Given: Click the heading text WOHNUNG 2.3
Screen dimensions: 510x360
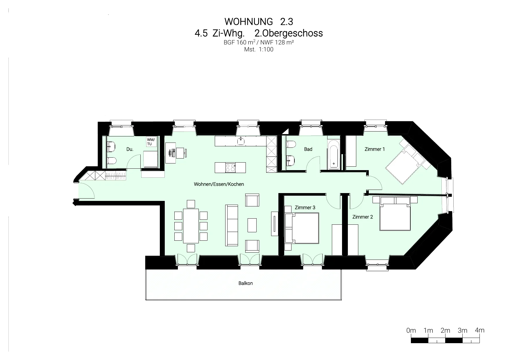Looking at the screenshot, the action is pos(259,21).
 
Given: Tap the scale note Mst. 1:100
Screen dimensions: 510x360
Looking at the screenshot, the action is pos(259,49).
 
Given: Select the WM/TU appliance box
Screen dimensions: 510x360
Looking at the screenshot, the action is pos(151,142).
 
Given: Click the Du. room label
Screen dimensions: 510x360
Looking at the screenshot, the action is pos(130,149).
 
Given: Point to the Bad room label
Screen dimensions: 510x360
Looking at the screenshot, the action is pos(308,149).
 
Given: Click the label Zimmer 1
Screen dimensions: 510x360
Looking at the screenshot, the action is pos(375,149).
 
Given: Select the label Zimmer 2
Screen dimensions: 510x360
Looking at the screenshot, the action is pos(362,217).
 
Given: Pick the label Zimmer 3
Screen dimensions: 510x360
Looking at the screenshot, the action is pos(305,208).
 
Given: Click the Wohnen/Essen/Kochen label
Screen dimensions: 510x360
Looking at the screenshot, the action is pos(219,184).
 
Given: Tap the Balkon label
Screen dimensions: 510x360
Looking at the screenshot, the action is pos(246,283).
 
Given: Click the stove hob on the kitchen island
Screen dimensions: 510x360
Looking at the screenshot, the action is pos(230,168).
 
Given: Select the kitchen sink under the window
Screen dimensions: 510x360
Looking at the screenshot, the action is pos(241,141).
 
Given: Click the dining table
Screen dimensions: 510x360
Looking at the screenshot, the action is pos(191,226).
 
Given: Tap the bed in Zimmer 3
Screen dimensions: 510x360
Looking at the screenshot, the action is pos(302,228).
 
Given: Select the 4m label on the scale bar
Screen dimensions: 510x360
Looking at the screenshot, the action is pos(479,330).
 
